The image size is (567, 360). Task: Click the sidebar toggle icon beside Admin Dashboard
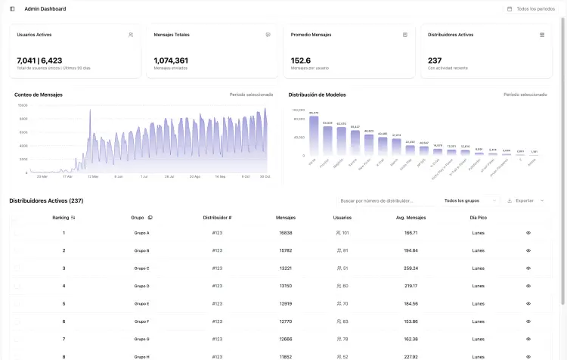(12, 9)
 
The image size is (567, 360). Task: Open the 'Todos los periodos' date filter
(531, 9)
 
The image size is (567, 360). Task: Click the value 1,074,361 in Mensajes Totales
(171, 61)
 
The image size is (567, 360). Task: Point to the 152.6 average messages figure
(301, 61)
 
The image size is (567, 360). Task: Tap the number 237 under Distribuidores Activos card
(435, 61)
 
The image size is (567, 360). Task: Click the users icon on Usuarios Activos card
(131, 35)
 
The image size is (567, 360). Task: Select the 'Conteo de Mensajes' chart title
(39, 95)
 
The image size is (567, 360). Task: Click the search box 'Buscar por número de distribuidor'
(386, 200)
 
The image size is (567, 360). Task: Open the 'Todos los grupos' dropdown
(471, 200)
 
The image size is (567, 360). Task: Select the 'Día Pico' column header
(478, 217)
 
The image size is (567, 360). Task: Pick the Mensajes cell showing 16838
(285, 233)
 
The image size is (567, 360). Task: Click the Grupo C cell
(141, 268)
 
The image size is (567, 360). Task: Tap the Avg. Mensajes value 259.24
(411, 268)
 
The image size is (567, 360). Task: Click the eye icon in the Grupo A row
(528, 233)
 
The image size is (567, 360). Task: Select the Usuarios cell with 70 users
(342, 303)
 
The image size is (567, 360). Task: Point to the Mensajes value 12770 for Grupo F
(285, 321)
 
